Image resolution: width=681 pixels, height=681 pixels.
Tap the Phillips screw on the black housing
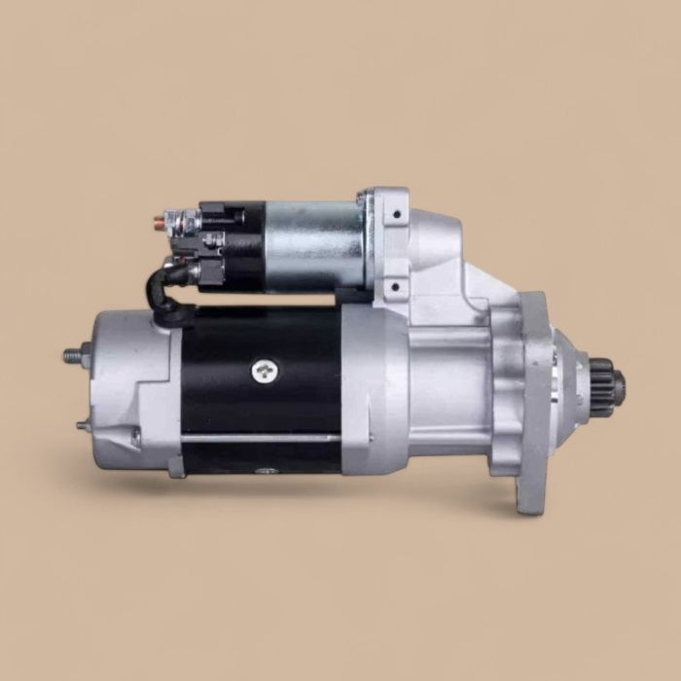click(264, 370)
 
